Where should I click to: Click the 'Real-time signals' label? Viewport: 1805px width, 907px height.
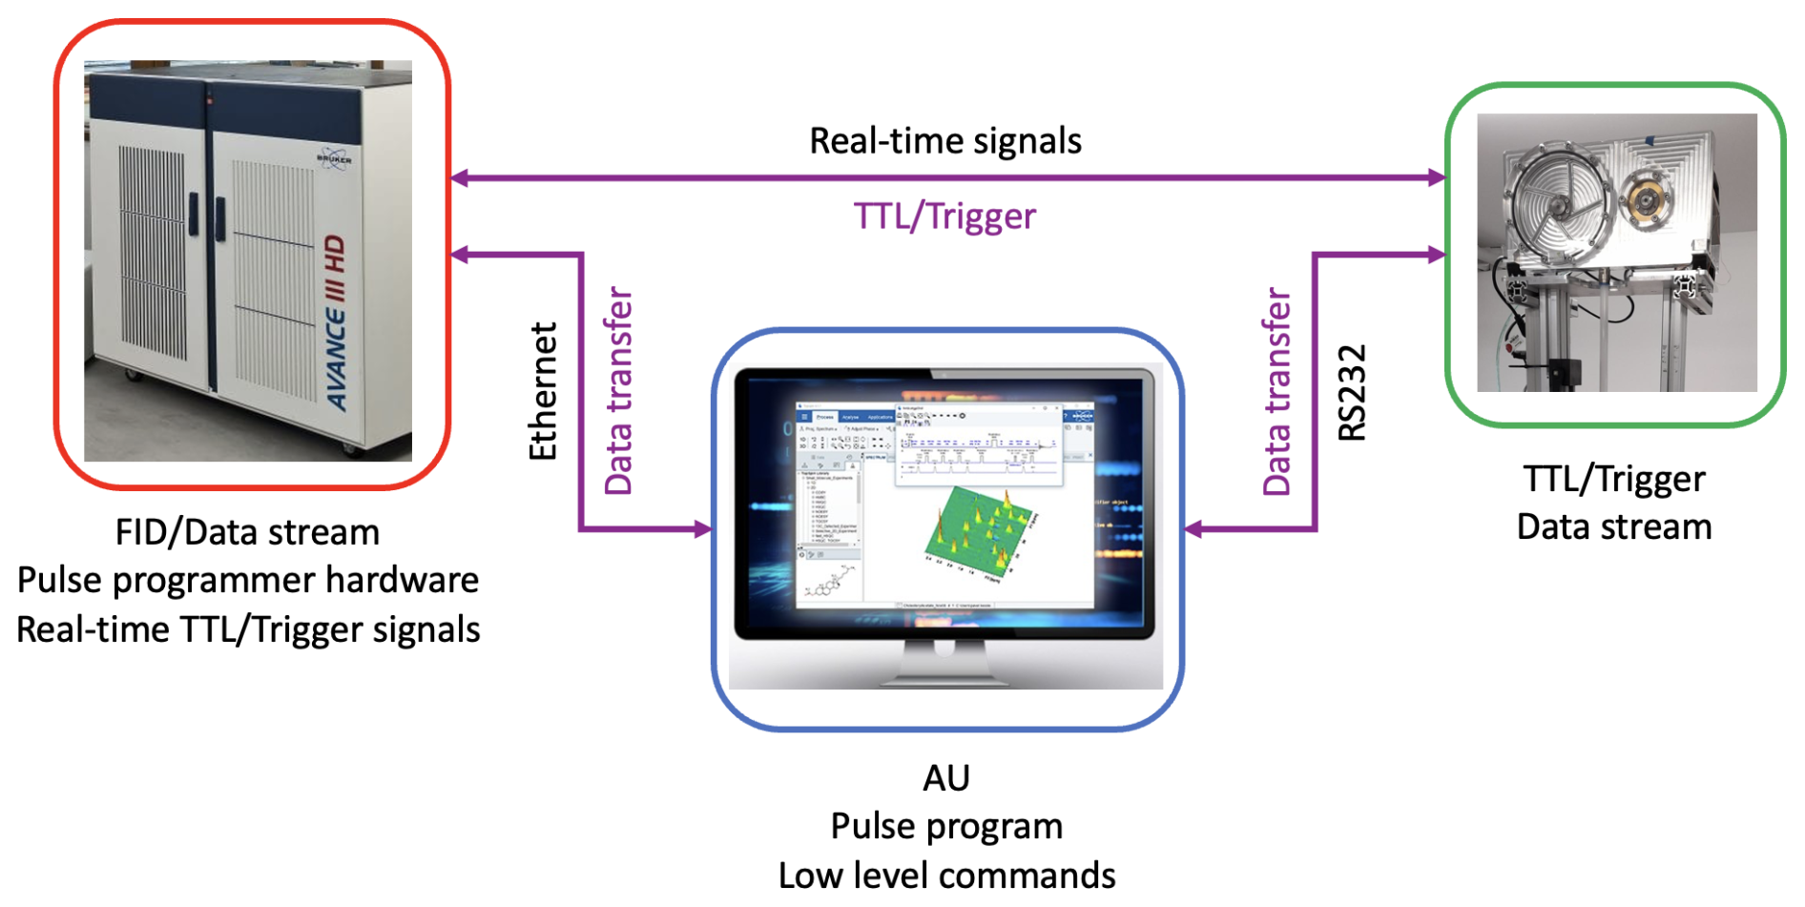[944, 141]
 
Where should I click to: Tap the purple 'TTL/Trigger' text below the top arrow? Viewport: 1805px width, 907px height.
[944, 216]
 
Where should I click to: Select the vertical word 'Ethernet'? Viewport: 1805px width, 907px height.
[543, 391]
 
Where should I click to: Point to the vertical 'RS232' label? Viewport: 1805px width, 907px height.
[1352, 393]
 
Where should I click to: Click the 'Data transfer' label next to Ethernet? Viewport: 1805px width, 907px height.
[618, 391]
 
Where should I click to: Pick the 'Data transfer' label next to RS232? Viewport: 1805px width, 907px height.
[1276, 391]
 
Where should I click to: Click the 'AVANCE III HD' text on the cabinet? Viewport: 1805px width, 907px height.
[336, 323]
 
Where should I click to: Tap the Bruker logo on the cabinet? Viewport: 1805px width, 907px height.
[334, 158]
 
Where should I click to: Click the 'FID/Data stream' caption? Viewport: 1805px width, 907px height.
[247, 532]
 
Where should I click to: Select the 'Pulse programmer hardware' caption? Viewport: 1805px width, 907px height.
[247, 580]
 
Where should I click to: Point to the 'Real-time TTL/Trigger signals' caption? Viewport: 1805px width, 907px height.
[247, 629]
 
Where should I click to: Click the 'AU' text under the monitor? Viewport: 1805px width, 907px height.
[945, 778]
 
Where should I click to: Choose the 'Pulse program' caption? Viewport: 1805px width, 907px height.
[945, 826]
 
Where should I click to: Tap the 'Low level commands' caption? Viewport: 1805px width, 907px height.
[945, 876]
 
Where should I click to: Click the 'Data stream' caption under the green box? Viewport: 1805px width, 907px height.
[1613, 526]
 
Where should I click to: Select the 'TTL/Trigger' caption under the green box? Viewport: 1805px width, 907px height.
[1613, 479]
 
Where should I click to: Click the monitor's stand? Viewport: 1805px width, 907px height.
[944, 666]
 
